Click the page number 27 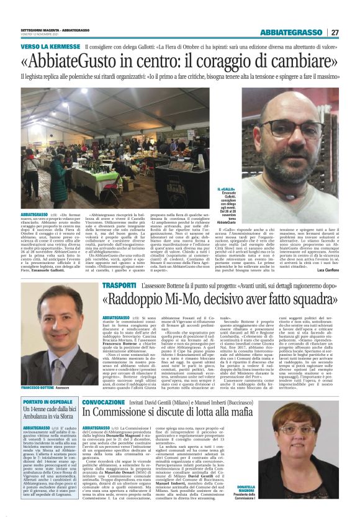point(335,32)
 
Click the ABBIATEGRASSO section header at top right point(290,32)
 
